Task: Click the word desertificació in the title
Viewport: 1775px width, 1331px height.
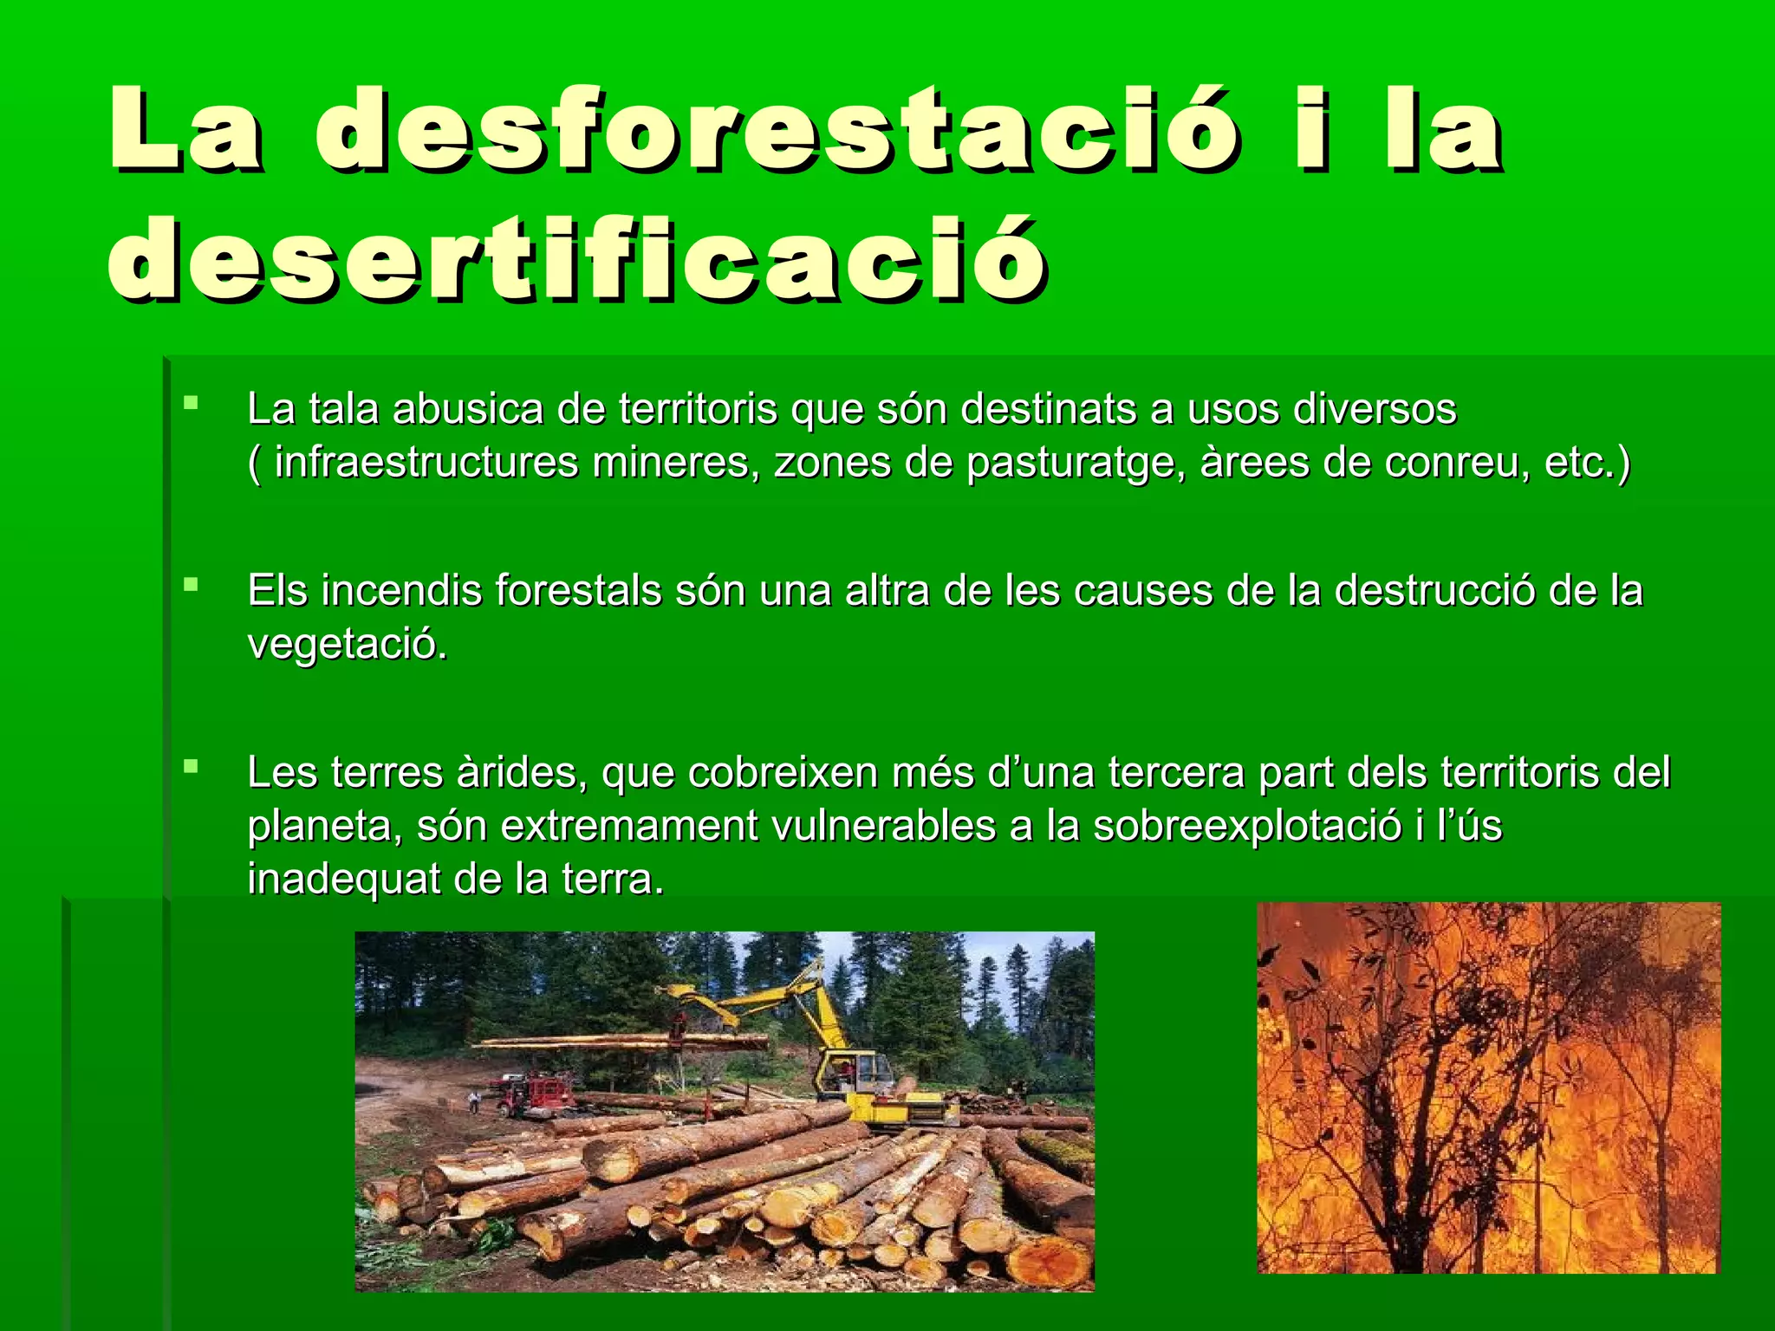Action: point(577,259)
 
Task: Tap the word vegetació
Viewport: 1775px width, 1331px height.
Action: point(348,645)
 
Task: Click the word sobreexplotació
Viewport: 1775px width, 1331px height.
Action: point(1246,826)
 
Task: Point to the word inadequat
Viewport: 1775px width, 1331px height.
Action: point(344,880)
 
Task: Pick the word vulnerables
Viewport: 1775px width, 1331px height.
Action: point(882,826)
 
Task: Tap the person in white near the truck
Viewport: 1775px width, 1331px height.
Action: point(474,1101)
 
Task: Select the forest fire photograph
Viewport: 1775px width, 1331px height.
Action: point(1488,1088)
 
